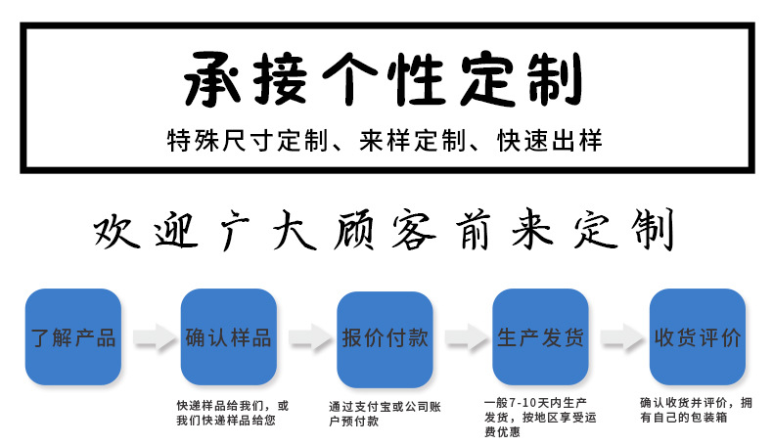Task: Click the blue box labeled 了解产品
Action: pyautogui.click(x=72, y=338)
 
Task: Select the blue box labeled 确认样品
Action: pyautogui.click(x=229, y=338)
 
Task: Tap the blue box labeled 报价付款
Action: pyautogui.click(x=385, y=338)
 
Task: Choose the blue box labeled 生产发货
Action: pyautogui.click(x=541, y=338)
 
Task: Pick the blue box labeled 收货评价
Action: pyautogui.click(x=697, y=338)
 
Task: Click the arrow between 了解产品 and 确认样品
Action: pyautogui.click(x=151, y=338)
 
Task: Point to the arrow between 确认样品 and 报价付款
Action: pyautogui.click(x=306, y=338)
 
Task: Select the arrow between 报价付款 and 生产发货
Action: pyautogui.click(x=463, y=338)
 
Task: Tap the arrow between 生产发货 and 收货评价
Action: pyautogui.click(x=618, y=338)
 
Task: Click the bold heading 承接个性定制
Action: pyautogui.click(x=382, y=80)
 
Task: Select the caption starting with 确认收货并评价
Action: pyautogui.click(x=697, y=410)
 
